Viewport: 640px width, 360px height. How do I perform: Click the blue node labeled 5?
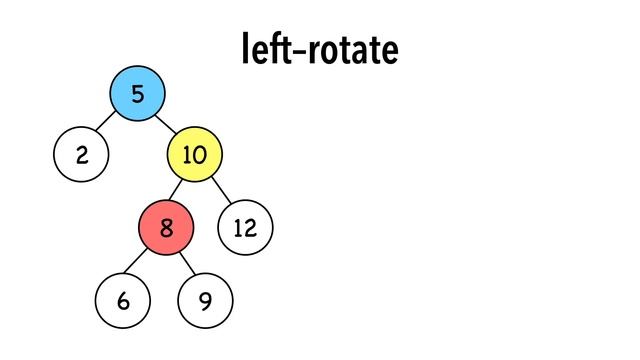point(137,94)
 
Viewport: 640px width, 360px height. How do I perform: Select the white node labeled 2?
point(81,155)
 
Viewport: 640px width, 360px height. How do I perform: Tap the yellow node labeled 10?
point(194,155)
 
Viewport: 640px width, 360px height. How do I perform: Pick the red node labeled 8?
point(166,227)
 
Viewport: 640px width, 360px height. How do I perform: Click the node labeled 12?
point(245,228)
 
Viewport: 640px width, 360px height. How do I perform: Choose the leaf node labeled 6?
point(123,300)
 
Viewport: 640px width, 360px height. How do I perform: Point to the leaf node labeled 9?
point(205,300)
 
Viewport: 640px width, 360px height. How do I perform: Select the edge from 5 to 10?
point(165,124)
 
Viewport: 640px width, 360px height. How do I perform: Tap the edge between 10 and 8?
point(180,191)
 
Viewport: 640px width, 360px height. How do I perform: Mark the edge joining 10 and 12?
point(220,191)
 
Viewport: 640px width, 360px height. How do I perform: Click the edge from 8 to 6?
point(145,263)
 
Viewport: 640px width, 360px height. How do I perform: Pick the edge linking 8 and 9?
point(186,263)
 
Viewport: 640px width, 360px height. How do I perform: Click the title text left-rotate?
point(320,49)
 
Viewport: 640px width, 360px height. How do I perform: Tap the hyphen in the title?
point(288,52)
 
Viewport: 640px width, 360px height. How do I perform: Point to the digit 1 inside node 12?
point(238,228)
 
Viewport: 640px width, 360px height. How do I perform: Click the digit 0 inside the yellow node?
point(200,155)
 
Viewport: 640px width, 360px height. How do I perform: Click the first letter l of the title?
point(245,48)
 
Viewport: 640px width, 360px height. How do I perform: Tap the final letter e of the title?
point(389,53)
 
